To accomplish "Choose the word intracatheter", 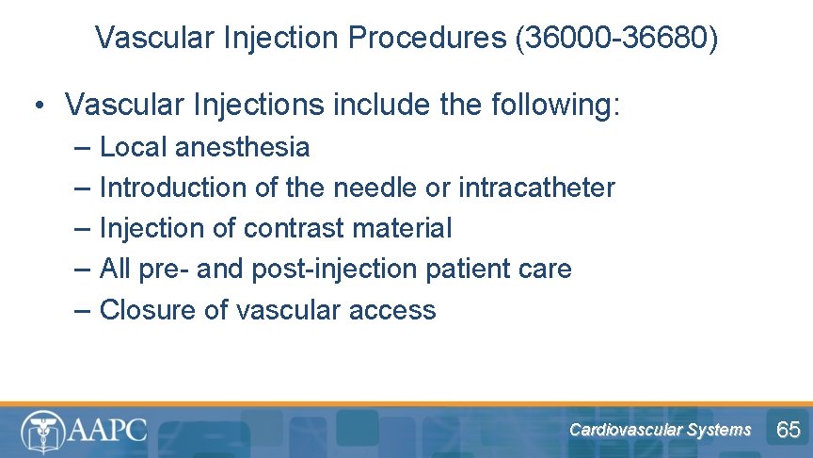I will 536,188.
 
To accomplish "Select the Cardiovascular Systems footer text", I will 660,430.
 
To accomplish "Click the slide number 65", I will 788,430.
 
